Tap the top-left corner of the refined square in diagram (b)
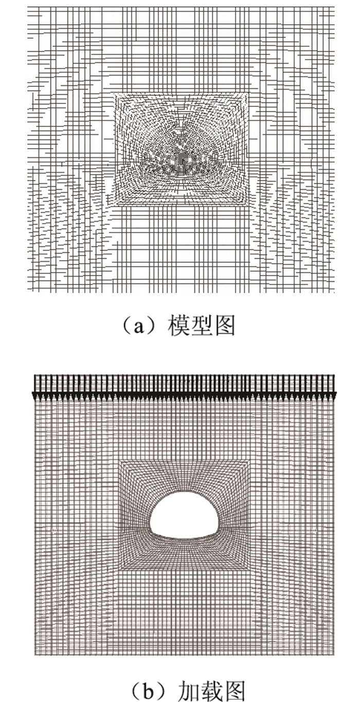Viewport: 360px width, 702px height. (120, 460)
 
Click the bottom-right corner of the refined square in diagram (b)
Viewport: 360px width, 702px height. (251, 571)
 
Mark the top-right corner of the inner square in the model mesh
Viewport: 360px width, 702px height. (250, 93)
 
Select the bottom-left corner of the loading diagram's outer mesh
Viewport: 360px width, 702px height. (35, 655)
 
